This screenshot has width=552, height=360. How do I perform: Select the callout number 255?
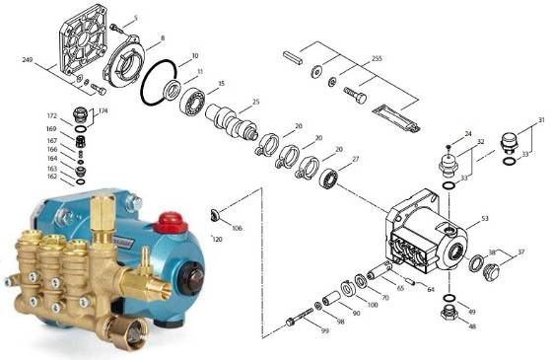(378, 60)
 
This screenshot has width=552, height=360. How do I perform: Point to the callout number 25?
(255, 102)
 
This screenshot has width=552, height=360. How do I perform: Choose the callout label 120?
(217, 240)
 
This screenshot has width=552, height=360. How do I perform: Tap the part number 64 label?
(430, 289)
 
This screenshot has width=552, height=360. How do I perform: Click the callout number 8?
(162, 38)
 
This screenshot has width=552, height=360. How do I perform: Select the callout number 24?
(468, 132)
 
